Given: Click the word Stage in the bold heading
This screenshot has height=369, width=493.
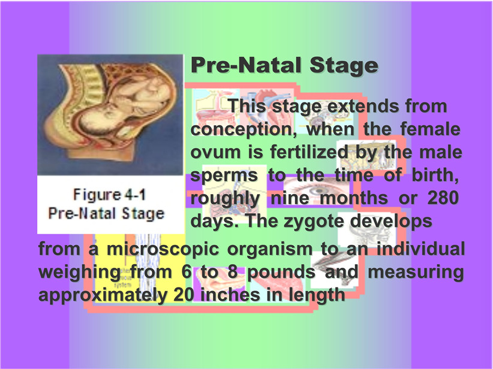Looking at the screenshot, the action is coord(344,66).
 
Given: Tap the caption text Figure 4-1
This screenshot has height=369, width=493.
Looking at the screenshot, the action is coord(109,195).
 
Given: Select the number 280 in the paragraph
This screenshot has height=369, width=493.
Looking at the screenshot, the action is coord(443,198).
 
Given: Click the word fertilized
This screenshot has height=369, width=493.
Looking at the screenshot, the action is coord(309,152).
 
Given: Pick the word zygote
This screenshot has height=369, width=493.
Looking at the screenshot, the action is coord(314,222).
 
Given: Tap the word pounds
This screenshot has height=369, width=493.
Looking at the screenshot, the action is coord(281,273).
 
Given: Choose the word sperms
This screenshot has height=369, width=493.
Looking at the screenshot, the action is coord(224,176).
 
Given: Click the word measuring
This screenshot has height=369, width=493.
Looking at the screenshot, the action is coord(416,273).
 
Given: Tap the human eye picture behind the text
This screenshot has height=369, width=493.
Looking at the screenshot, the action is coord(317,190).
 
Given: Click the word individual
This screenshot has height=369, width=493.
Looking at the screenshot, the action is coord(420,249).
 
